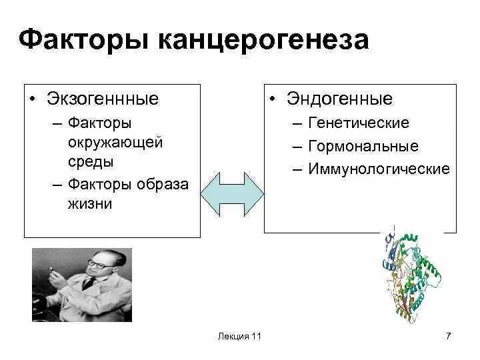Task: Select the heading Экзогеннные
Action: (x=103, y=99)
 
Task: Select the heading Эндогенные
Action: (x=340, y=99)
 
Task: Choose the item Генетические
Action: (x=359, y=124)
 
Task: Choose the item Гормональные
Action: (x=363, y=147)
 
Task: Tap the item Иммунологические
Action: (x=379, y=169)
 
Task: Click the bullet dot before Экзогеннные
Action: (x=32, y=100)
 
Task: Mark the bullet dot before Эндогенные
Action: (x=273, y=100)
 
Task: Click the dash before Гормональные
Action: (x=297, y=147)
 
